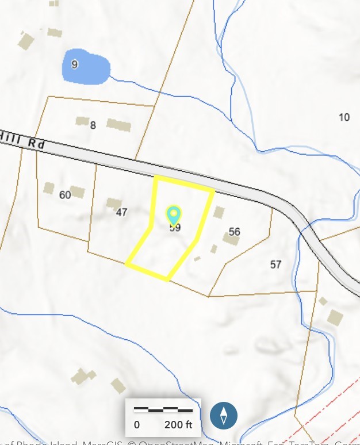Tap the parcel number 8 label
(x=93, y=125)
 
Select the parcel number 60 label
(x=65, y=195)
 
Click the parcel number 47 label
(x=121, y=212)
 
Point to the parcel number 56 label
(x=234, y=232)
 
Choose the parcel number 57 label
(x=275, y=264)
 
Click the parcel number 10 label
(x=344, y=117)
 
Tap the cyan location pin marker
(x=174, y=215)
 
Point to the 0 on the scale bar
(x=137, y=425)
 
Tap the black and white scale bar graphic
(x=163, y=410)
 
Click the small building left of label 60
(x=49, y=188)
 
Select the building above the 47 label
(x=114, y=203)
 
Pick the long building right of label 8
(x=118, y=124)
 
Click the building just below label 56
(x=231, y=240)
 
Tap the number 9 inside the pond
(x=75, y=64)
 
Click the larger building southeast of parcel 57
(x=335, y=316)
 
